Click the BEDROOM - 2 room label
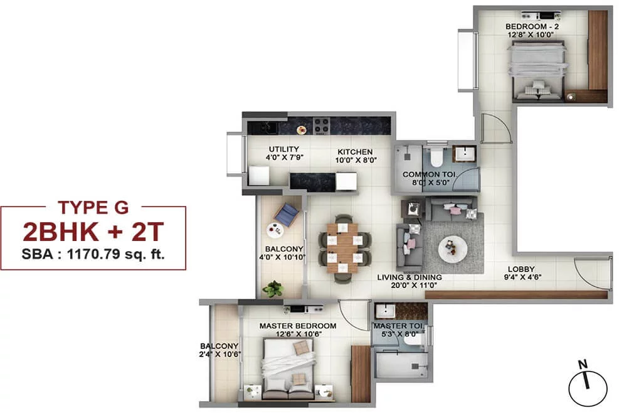[532, 26]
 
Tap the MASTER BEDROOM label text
[298, 326]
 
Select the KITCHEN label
[355, 152]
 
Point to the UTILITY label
[284, 149]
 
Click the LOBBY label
[521, 269]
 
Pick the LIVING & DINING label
[410, 277]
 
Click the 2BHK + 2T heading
[93, 232]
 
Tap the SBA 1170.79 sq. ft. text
[93, 254]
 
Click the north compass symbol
[588, 384]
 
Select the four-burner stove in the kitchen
[321, 126]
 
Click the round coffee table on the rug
[453, 249]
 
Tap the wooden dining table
[342, 248]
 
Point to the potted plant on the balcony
[272, 289]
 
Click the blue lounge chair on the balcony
[287, 215]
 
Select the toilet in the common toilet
[436, 157]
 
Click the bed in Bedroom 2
[539, 70]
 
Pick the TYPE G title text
[93, 208]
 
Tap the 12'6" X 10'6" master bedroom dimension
[299, 334]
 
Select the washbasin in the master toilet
[384, 311]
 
